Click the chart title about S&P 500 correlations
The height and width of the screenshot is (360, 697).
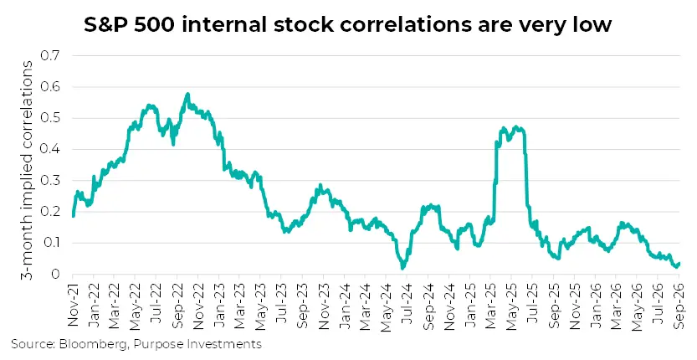point(347,24)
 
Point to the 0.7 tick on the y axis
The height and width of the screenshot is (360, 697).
point(50,55)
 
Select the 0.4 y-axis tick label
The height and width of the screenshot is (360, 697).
point(50,149)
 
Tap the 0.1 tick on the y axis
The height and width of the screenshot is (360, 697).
point(50,243)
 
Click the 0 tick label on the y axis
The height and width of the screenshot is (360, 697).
point(55,274)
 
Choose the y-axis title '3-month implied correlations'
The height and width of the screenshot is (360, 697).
point(27,171)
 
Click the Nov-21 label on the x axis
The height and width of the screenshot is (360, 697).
point(73,306)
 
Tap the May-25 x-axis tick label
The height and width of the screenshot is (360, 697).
point(511,308)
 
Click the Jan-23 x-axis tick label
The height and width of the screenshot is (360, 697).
point(219,306)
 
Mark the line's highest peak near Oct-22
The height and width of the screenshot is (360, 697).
point(187,94)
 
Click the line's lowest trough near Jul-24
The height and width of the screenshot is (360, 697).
point(402,268)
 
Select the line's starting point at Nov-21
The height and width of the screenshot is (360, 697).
point(73,216)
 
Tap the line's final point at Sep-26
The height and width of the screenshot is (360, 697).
point(679,264)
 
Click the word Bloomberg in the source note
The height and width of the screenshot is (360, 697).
point(95,344)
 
